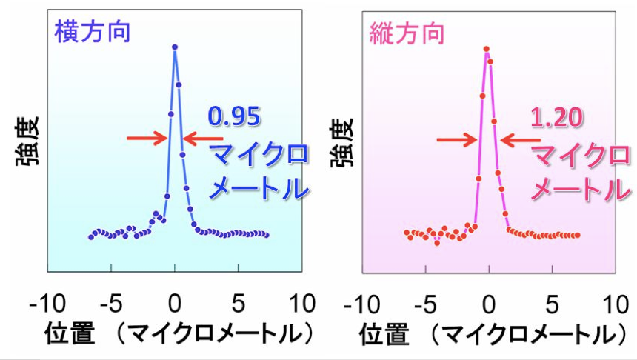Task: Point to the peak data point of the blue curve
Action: [175, 47]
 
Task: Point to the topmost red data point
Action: [487, 50]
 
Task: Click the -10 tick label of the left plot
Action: [48, 304]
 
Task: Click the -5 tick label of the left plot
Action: [111, 304]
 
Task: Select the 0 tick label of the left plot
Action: [174, 304]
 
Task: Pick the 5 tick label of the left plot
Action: [238, 304]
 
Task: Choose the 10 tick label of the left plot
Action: [301, 304]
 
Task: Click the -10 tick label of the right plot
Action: [362, 304]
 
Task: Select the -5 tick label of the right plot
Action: [425, 304]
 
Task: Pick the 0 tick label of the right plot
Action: [488, 304]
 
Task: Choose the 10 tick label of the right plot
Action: [615, 304]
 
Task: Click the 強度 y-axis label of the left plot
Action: [28, 149]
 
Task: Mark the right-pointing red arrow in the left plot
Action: [147, 138]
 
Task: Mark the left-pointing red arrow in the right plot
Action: [522, 139]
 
